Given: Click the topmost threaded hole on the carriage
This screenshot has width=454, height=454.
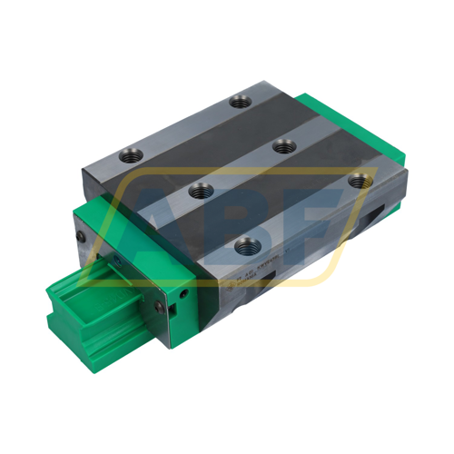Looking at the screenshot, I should point(240,102).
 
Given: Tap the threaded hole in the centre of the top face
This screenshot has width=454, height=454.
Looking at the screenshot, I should point(282,145).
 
